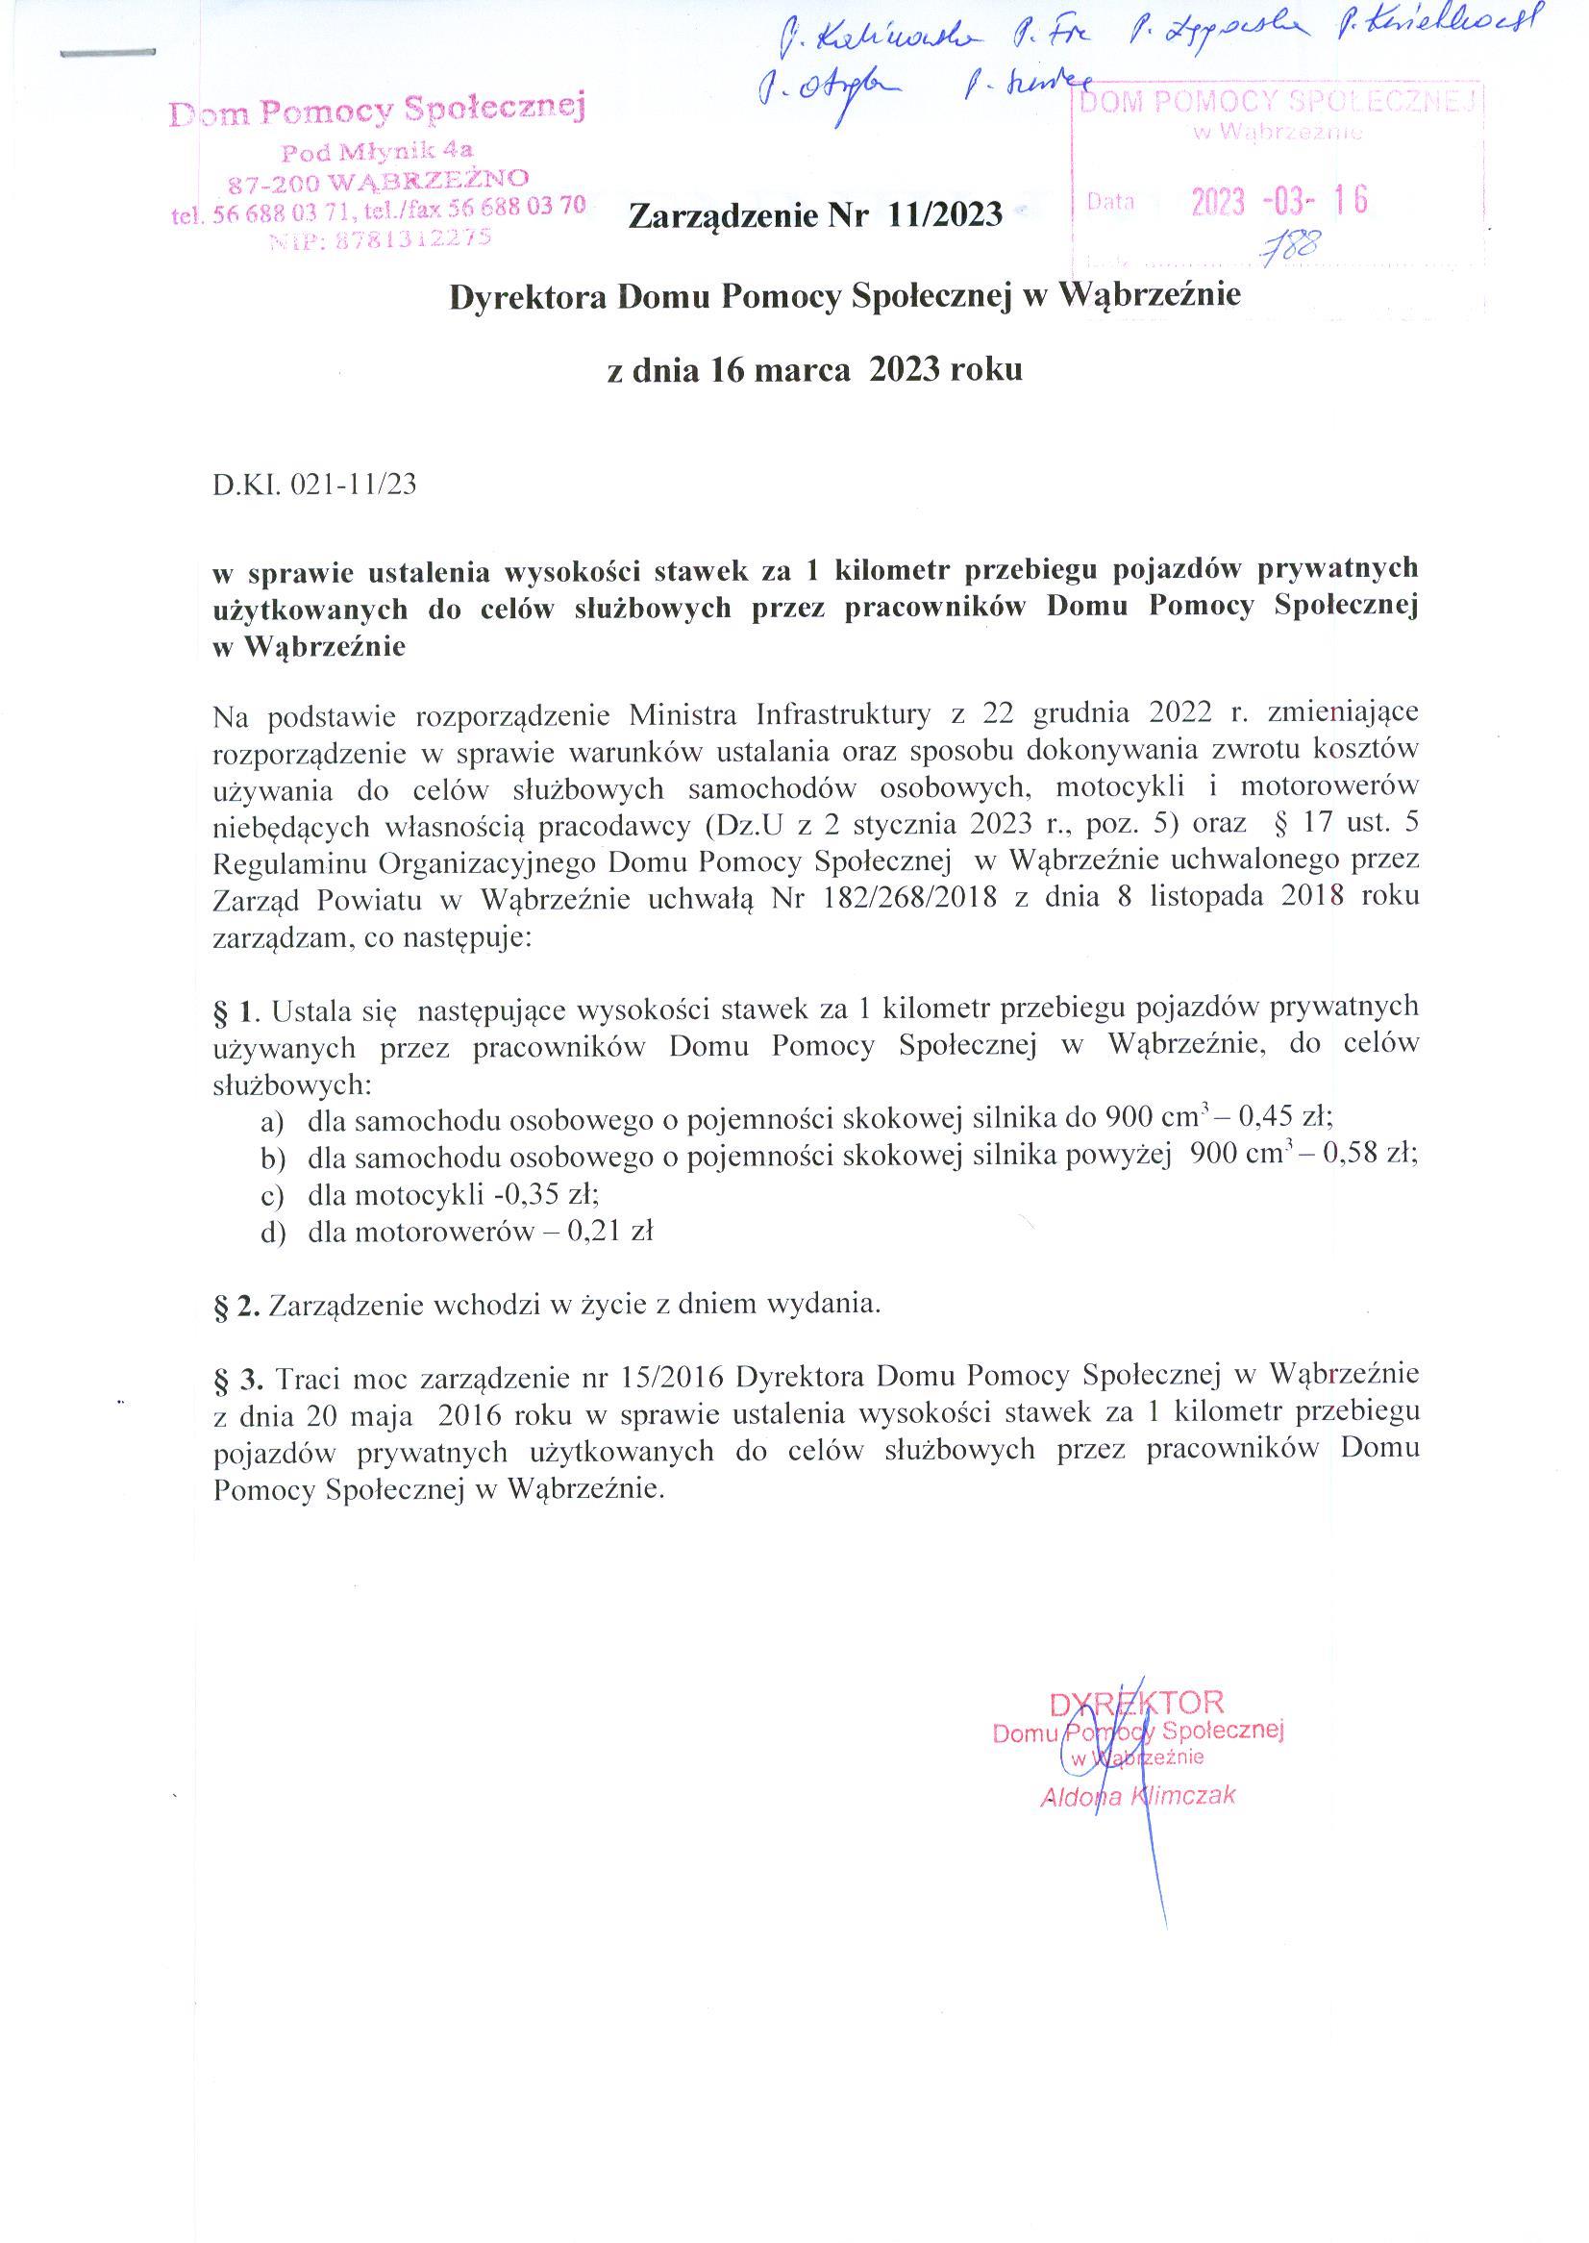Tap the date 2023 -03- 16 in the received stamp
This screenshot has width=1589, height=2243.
pos(1279,202)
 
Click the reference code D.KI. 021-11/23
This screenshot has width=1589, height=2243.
pos(314,486)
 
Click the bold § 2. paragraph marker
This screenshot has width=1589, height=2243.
pos(236,1306)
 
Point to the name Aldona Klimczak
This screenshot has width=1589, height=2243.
pos(1138,1797)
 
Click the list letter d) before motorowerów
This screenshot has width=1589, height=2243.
pos(272,1233)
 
